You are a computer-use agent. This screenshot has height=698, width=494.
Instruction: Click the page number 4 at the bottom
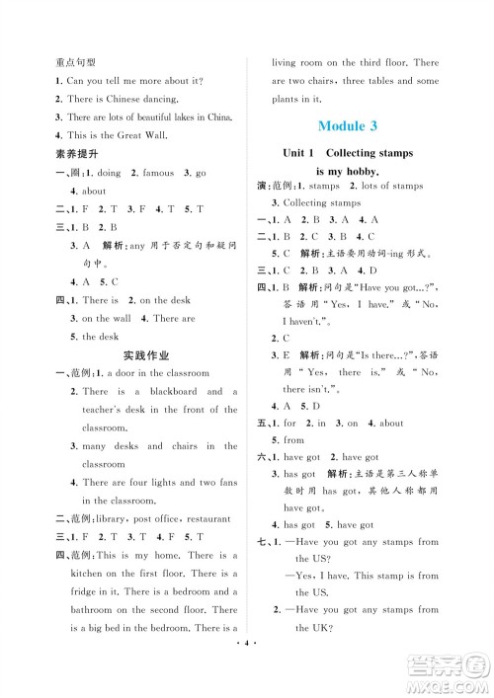(246, 681)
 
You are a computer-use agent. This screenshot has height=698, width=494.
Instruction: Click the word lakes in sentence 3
(176, 116)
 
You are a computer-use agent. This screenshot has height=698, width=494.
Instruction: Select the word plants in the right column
(292, 99)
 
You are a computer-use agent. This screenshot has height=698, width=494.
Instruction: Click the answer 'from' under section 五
(294, 440)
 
